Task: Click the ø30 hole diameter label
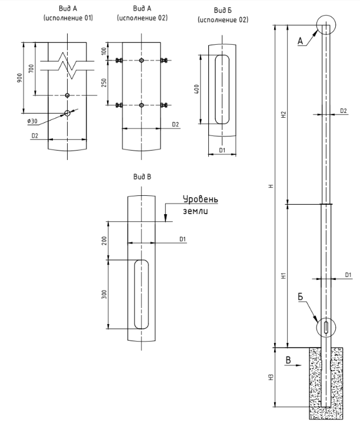click(x=32, y=121)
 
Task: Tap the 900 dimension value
click(x=19, y=78)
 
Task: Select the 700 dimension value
click(x=31, y=69)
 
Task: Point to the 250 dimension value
click(x=104, y=82)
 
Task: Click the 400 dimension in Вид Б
click(x=196, y=89)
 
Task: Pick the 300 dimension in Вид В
click(x=104, y=294)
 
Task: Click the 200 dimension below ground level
click(x=104, y=241)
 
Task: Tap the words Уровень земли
click(x=201, y=205)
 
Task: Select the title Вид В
click(x=142, y=176)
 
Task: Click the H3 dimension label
click(x=272, y=377)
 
